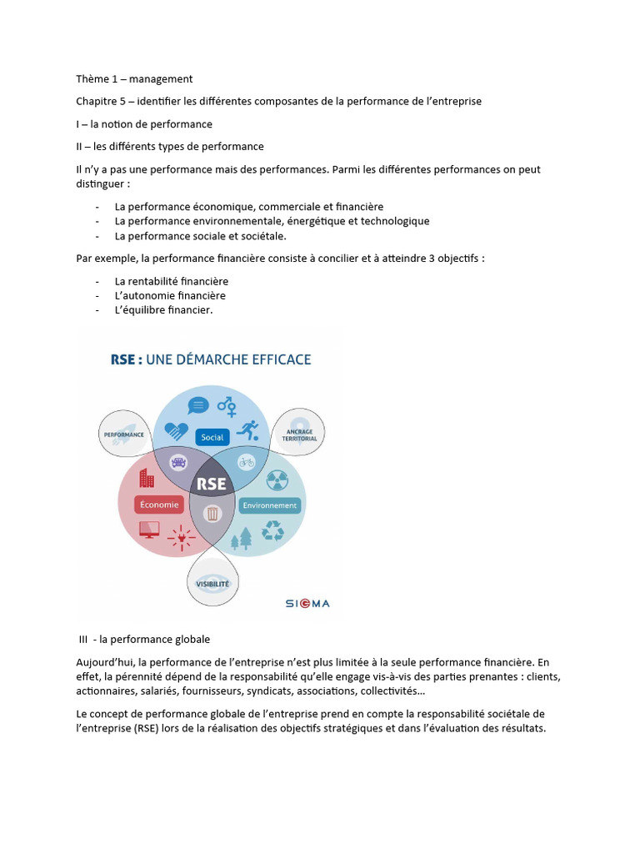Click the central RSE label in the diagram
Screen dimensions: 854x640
tap(212, 485)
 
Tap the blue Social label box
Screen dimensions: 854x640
tap(213, 437)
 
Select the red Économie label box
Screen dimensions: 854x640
tap(159, 504)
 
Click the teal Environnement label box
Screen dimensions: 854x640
tap(269, 505)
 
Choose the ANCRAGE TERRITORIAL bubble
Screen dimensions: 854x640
tap(298, 433)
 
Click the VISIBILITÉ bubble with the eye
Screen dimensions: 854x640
tap(212, 584)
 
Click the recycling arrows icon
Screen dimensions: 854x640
tap(272, 530)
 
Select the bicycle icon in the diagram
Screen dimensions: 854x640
tap(247, 461)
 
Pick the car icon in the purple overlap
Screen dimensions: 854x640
tap(177, 461)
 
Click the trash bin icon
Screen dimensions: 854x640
tap(212, 514)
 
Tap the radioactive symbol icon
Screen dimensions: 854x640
tap(277, 480)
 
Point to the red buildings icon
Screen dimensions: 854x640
tap(147, 478)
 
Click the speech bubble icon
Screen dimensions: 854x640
tap(198, 406)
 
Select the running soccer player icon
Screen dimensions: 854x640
tap(247, 431)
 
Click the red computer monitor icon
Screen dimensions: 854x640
tap(149, 529)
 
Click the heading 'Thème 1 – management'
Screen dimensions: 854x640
tap(134, 78)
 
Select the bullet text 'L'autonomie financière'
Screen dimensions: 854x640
tap(170, 295)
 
